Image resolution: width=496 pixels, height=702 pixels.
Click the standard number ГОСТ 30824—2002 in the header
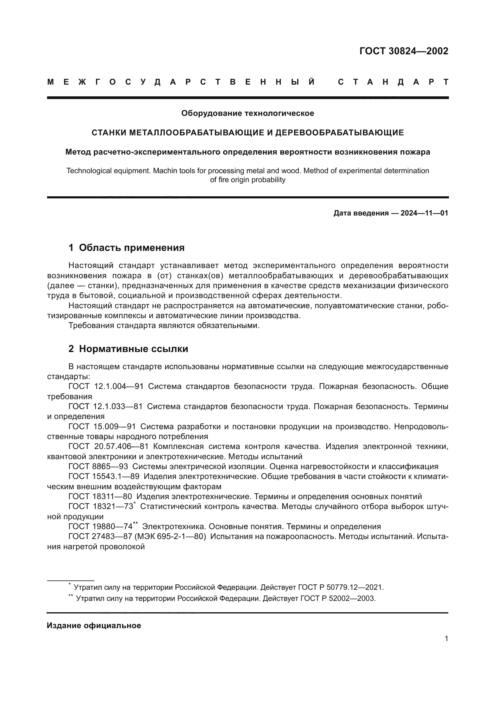point(403,51)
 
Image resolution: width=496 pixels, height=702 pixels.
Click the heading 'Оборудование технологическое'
point(248,113)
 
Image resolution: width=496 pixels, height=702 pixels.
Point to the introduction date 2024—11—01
point(424,213)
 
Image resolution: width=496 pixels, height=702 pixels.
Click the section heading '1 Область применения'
point(127,248)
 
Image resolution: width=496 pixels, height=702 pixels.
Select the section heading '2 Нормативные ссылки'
point(128,349)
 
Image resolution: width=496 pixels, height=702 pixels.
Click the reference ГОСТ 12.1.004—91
point(106,387)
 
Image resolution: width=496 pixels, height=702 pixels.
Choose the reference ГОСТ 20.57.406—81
point(109,447)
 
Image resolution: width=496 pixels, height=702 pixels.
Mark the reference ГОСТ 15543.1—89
point(104,476)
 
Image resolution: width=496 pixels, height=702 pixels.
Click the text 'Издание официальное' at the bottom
point(94,625)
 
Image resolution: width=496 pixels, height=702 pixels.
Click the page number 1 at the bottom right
point(446,639)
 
